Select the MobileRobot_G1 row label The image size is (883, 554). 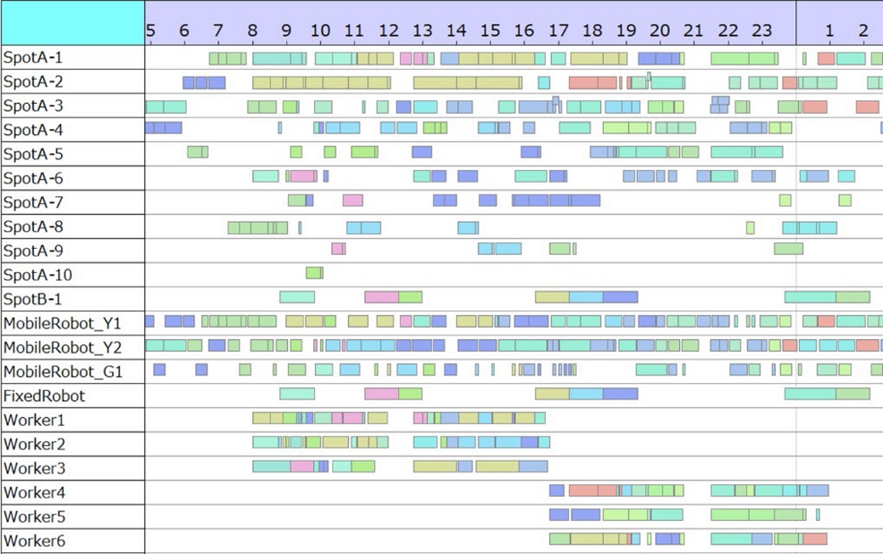63,371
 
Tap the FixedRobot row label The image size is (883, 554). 45,396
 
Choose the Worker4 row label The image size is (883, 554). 34,492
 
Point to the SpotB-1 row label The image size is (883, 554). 32,299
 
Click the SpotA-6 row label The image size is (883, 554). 33,178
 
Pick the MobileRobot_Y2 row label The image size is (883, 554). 63,347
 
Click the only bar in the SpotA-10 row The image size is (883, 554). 314,273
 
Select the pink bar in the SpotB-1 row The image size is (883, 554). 381,297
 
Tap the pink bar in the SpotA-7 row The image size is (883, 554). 352,200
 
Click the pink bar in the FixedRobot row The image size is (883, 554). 381,394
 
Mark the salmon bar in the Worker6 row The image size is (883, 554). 815,539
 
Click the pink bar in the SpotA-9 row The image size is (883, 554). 337,249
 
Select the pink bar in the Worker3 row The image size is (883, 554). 301,466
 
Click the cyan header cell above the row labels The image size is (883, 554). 72,22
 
